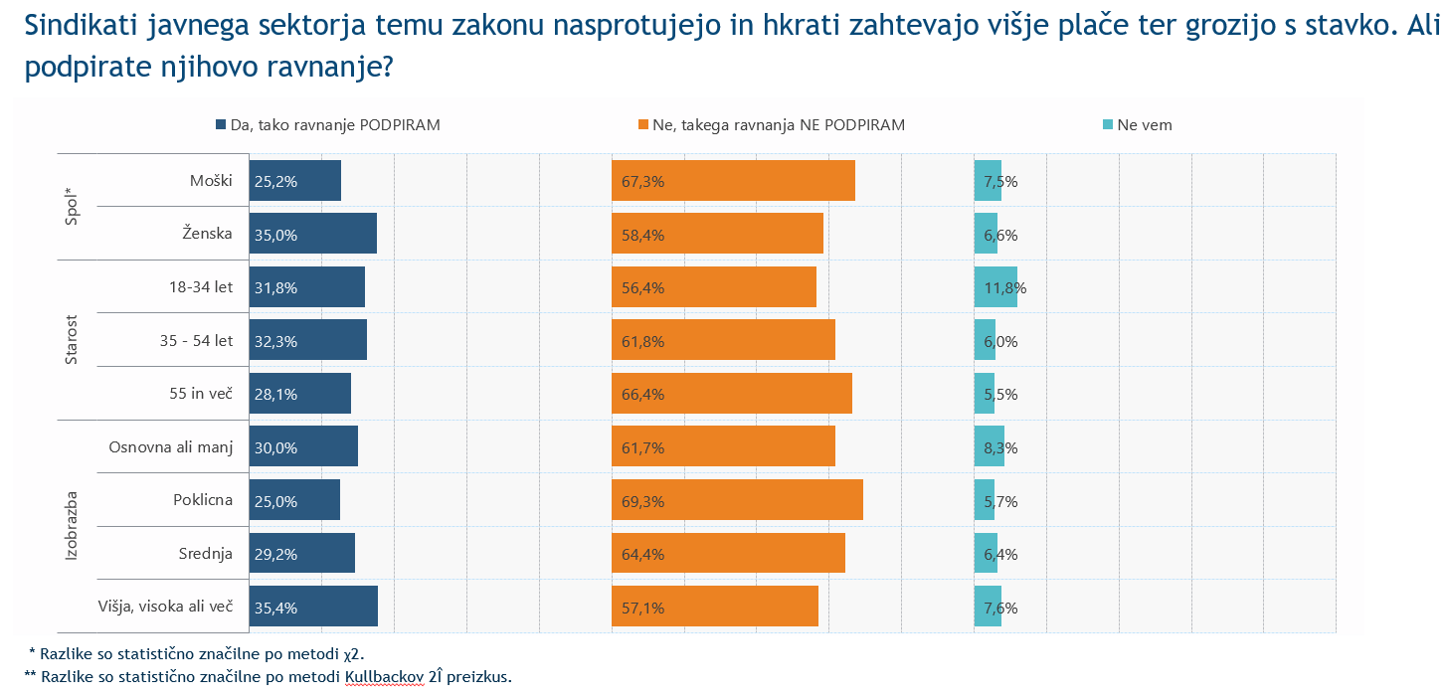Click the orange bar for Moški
point(733,180)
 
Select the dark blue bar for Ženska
point(312,233)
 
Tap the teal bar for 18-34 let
point(995,286)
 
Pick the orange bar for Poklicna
point(737,499)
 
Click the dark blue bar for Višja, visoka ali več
point(313,607)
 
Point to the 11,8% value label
point(1004,288)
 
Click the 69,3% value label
point(641,501)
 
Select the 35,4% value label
point(275,608)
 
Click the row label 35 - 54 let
point(196,341)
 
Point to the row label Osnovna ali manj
point(171,447)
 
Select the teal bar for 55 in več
point(985,393)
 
